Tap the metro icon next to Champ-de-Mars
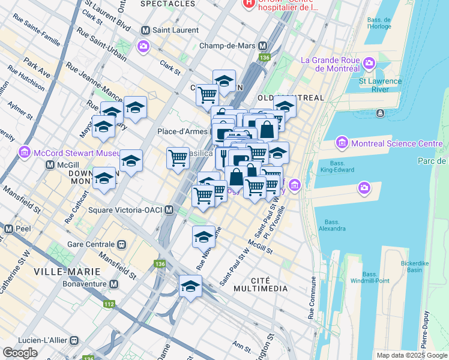pyautogui.click(x=262, y=46)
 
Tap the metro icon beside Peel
pyautogui.click(x=8, y=229)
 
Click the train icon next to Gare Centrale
pyautogui.click(x=122, y=245)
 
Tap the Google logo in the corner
pyautogui.click(x=20, y=353)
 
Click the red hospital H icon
pyautogui.click(x=248, y=4)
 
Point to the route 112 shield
pyautogui.click(x=109, y=304)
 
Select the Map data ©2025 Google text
pyautogui.click(x=411, y=355)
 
